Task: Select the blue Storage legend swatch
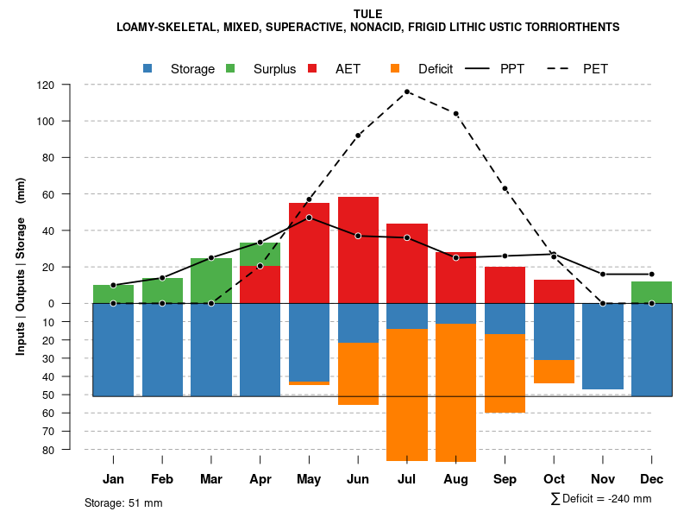[148, 69]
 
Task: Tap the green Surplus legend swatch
[231, 69]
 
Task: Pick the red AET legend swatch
[313, 69]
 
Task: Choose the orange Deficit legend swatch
[396, 69]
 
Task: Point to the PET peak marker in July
[407, 92]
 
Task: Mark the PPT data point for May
[309, 218]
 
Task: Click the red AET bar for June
[358, 250]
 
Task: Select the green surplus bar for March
[211, 281]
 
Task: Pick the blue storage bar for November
[603, 345]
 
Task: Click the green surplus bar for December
[651, 292]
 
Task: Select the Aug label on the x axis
[455, 479]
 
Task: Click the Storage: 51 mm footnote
[123, 502]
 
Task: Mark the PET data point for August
[455, 114]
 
